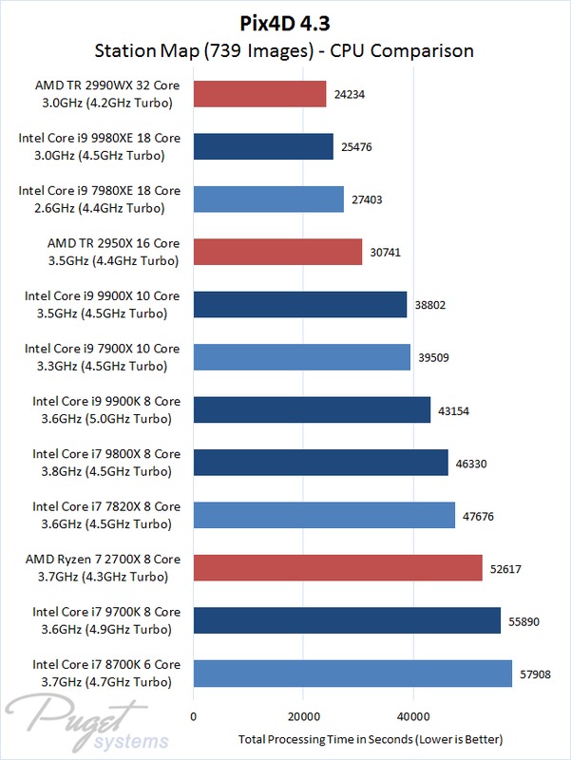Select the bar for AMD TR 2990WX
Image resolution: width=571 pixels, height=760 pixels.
tap(259, 93)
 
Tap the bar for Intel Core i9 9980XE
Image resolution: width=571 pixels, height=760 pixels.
tap(263, 145)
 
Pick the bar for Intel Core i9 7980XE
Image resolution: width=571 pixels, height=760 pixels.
tap(268, 199)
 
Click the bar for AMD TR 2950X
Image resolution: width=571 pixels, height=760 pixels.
tap(277, 252)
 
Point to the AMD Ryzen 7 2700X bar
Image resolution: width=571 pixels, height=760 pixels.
tap(337, 568)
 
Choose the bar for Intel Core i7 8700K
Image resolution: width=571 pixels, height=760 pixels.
tap(352, 674)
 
